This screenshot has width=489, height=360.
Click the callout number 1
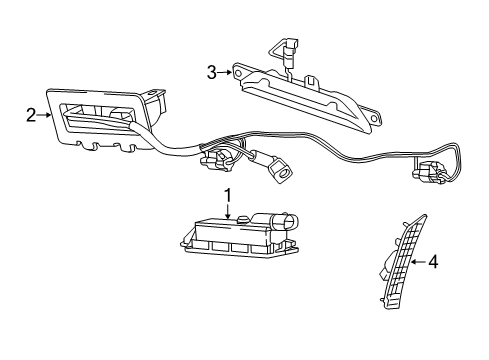click(x=227, y=194)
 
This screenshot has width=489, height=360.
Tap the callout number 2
click(x=31, y=115)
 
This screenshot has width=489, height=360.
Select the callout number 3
click(x=211, y=71)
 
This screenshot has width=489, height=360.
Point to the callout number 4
click(x=433, y=263)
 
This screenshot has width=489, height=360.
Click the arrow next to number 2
click(x=46, y=115)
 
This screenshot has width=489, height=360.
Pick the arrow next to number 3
click(x=225, y=71)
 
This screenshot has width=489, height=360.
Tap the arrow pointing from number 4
click(x=419, y=263)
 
